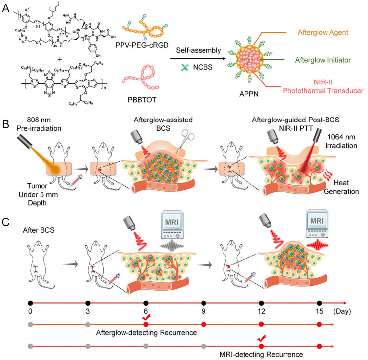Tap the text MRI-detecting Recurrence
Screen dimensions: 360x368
[x=259, y=355]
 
